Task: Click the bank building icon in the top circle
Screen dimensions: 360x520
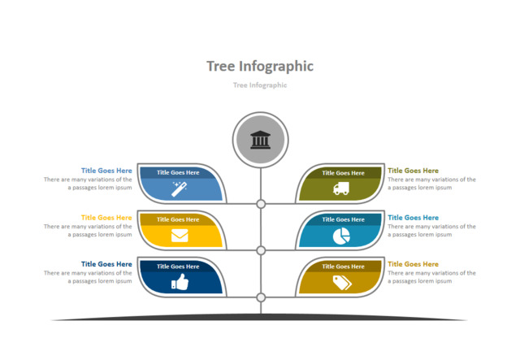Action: [261, 140]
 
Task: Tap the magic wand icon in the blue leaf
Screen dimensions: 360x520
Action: [179, 189]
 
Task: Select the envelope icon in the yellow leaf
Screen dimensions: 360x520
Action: [179, 236]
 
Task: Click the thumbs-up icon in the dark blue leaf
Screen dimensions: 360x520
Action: [179, 282]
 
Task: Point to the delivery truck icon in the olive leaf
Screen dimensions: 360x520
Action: [341, 189]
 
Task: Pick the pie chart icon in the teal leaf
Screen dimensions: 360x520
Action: [341, 236]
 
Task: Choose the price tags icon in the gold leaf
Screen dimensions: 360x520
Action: [341, 282]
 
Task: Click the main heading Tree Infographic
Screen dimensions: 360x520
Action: [260, 66]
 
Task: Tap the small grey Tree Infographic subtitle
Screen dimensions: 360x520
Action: [260, 85]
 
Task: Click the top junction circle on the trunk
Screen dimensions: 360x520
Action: [261, 204]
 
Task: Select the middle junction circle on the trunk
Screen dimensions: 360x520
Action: [261, 250]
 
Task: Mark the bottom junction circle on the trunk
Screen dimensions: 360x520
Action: [261, 297]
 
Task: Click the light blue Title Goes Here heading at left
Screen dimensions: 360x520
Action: [106, 171]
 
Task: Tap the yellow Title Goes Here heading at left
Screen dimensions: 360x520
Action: [106, 218]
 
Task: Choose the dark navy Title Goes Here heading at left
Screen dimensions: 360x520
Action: [106, 264]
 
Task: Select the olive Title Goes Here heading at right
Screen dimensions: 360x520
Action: [413, 171]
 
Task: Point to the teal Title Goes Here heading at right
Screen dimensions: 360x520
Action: [413, 218]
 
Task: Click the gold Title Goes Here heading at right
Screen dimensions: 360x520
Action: [413, 264]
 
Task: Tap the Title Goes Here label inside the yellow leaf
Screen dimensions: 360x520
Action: [178, 219]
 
